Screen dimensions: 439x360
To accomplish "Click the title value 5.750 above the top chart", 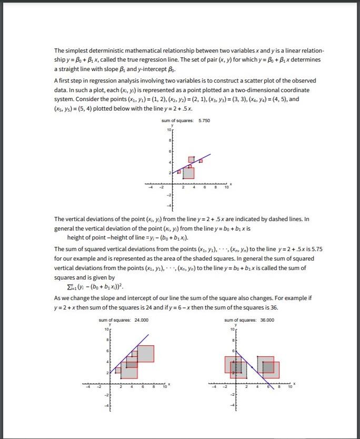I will (x=204, y=121).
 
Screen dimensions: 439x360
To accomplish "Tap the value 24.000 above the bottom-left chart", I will (x=141, y=320).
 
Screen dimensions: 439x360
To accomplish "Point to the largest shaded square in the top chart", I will (x=188, y=173).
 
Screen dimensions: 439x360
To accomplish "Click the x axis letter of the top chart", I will (x=231, y=184).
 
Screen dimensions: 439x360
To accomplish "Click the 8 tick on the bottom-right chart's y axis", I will (x=232, y=340).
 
